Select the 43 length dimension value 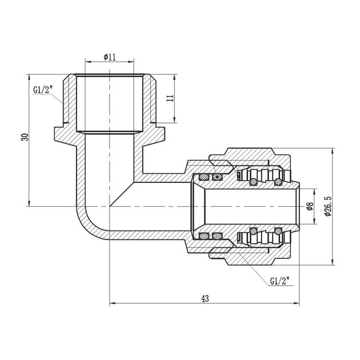(x=205, y=298)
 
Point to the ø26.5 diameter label (x=327, y=206)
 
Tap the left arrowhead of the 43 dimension (x=111, y=303)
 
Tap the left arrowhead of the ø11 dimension (x=87, y=61)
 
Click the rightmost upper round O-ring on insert (x=278, y=182)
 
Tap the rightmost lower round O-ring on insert (x=278, y=231)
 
